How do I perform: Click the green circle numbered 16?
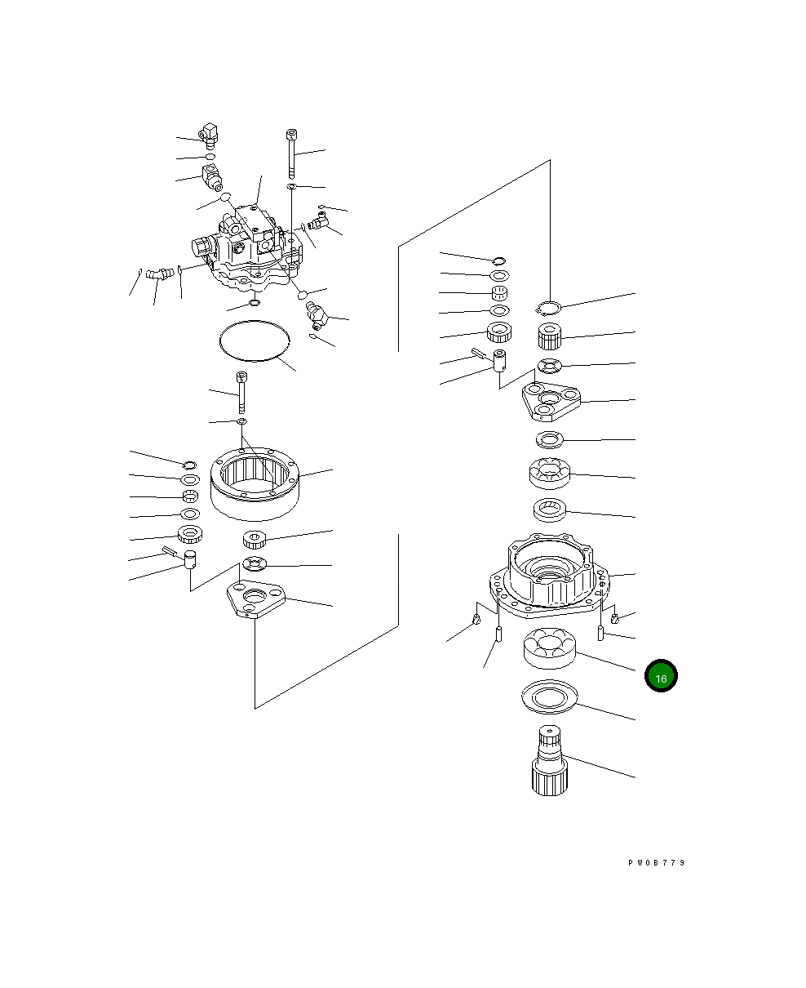click(661, 675)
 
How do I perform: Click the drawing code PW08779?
click(656, 863)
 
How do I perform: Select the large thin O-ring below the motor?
click(255, 340)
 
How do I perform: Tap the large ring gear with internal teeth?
click(255, 483)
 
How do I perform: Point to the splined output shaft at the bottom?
click(550, 760)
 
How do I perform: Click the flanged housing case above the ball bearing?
click(550, 574)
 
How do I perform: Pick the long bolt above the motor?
click(291, 154)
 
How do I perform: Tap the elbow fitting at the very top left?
click(209, 136)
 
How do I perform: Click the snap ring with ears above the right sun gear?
click(548, 309)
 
